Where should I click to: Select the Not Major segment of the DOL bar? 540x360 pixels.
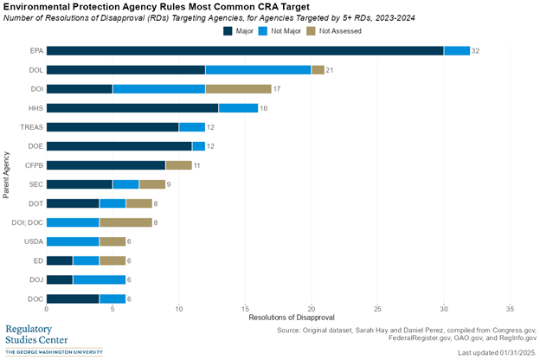258,69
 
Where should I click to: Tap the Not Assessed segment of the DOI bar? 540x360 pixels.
238,88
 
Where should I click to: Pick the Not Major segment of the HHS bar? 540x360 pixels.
238,107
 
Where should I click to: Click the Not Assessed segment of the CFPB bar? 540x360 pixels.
178,164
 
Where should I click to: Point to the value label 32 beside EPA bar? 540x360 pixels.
476,51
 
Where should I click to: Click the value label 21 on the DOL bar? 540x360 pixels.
330,69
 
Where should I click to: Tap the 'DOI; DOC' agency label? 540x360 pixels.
23,222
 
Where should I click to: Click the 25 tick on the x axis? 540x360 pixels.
377,308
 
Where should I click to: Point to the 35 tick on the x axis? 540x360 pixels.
510,308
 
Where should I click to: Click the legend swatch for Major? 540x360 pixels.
228,31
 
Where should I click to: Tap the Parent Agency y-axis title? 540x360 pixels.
7,174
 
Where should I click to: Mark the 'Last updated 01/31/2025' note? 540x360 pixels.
492,353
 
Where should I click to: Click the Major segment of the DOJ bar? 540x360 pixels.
59,280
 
